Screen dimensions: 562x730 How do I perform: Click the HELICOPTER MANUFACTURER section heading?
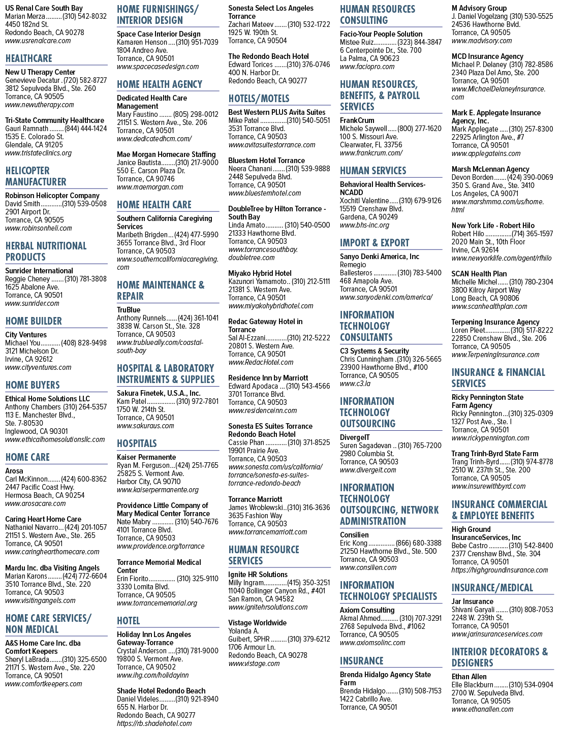36,176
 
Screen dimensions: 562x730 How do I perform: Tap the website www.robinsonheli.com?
38,228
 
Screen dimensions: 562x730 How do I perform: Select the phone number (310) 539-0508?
84,204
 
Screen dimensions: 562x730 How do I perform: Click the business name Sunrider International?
39,270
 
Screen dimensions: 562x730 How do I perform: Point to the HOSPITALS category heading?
137,443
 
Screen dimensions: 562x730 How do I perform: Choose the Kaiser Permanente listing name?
146,457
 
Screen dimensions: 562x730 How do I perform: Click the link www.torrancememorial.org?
157,603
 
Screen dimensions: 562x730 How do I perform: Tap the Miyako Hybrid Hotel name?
260,273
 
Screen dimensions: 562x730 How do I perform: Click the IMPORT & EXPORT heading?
374,242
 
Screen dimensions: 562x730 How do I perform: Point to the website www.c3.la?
355,384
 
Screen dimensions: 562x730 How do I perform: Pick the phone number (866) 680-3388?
419,543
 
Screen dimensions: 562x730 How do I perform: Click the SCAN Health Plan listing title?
479,273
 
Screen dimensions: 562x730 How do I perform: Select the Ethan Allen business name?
470,677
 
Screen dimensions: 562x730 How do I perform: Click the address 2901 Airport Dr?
27,212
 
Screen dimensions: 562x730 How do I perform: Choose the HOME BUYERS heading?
33,385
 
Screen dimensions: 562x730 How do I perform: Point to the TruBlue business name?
129,310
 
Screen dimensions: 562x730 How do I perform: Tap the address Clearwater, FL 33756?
371,145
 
